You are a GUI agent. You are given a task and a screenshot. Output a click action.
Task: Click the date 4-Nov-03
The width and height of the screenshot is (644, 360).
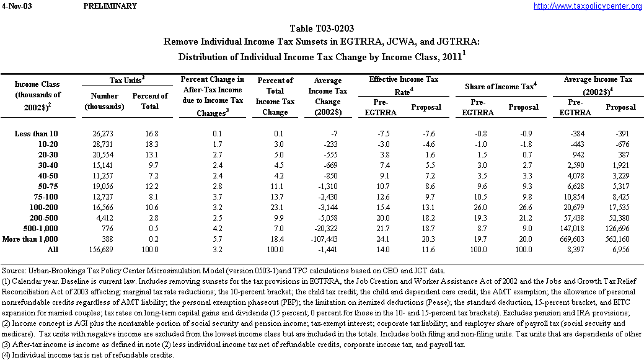click(14, 6)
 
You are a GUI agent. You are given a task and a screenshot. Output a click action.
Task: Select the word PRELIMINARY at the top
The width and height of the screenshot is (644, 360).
click(110, 6)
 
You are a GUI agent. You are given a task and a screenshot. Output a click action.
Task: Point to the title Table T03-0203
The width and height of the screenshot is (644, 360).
click(322, 29)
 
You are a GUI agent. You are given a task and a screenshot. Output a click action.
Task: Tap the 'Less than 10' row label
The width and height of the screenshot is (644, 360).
click(37, 134)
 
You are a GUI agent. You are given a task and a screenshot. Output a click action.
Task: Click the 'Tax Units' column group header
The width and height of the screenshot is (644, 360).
click(127, 80)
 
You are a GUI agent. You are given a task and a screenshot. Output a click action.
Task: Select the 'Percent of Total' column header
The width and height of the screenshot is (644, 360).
click(150, 101)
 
